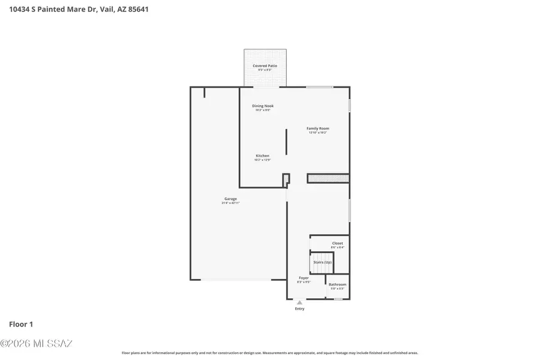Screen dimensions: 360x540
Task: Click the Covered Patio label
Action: [x=265, y=65]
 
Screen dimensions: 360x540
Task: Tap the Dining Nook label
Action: [x=263, y=106]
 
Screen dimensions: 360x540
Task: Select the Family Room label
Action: [x=318, y=128]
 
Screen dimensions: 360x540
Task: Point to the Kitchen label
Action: [x=263, y=156]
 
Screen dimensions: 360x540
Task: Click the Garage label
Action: [x=231, y=199]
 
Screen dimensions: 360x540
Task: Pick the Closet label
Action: [x=338, y=243]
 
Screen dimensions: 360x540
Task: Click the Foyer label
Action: [x=304, y=278]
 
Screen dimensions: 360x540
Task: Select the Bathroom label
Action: [x=337, y=284]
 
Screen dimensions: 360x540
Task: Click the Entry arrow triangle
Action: [x=299, y=302]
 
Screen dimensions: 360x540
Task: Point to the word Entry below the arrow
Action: [x=299, y=309]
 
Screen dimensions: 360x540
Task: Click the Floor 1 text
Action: [x=21, y=324]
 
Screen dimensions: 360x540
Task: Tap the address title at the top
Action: [x=79, y=10]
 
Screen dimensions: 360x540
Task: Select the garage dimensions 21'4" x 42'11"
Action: [x=231, y=203]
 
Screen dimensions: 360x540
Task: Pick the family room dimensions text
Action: [x=318, y=133]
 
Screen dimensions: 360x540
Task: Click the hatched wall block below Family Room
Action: [x=328, y=178]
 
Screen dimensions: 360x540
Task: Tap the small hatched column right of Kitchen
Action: [x=286, y=179]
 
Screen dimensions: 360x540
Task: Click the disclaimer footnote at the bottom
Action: [x=270, y=353]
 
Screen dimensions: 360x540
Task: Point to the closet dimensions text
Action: [x=338, y=247]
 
